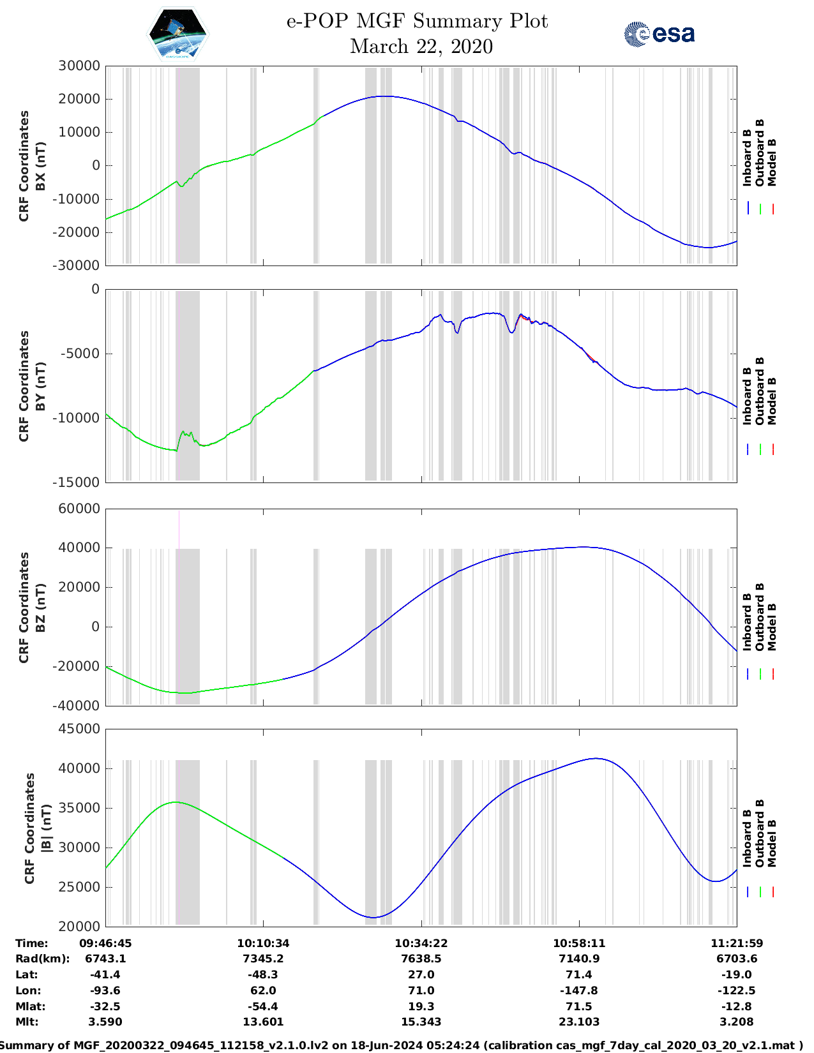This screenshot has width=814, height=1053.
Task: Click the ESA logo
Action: [659, 34]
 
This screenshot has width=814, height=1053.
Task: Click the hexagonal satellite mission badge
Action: [177, 34]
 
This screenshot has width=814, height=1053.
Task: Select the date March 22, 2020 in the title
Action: [421, 47]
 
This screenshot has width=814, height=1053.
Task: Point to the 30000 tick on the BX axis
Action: [79, 66]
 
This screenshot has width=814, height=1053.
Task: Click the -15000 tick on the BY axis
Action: [79, 482]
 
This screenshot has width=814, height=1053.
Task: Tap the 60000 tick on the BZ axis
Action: [79, 509]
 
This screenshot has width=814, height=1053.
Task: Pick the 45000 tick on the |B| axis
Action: [79, 729]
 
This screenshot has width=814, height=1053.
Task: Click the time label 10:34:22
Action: [421, 943]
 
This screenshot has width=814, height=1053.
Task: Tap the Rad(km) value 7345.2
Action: [263, 959]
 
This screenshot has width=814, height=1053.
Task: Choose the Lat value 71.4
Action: [579, 975]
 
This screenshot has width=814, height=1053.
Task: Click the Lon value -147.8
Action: [579, 990]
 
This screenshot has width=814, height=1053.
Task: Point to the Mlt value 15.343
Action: [421, 1022]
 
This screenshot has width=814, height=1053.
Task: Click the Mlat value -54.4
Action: [263, 1006]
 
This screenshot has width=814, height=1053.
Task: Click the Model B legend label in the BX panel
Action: [772, 163]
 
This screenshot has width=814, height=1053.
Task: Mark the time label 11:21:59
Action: [737, 943]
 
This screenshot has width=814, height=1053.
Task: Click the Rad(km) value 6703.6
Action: [737, 959]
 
